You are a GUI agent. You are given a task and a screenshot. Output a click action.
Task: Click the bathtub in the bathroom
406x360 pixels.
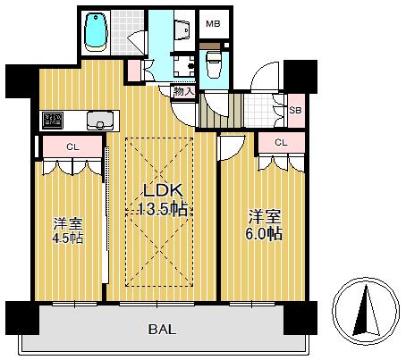click(96, 32)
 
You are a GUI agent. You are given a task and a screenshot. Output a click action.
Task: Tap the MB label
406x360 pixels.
click(213, 24)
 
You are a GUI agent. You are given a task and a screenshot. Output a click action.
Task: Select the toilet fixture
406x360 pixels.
click(214, 64)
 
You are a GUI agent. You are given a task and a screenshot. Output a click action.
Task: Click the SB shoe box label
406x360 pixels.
click(295, 110)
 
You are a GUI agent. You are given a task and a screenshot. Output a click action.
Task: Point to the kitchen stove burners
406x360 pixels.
click(53, 120)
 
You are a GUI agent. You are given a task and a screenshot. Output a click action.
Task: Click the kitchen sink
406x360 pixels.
click(100, 121)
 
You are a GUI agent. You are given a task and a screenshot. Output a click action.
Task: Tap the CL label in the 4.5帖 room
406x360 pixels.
click(72, 147)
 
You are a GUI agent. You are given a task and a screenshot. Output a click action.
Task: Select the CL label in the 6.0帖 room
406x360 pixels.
click(281, 143)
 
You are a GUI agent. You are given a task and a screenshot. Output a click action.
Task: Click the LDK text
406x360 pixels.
click(163, 190)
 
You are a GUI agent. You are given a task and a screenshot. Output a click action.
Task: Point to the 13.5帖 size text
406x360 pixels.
click(163, 209)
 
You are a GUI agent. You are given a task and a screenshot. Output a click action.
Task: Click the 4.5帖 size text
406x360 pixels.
click(68, 239)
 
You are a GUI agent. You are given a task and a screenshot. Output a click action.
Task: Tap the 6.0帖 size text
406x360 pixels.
click(264, 233)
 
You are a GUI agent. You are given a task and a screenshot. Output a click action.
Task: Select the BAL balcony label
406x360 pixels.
click(163, 330)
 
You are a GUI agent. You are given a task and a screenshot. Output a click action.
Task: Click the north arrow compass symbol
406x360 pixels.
click(366, 312)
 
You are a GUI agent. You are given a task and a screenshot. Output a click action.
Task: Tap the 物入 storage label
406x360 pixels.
click(184, 91)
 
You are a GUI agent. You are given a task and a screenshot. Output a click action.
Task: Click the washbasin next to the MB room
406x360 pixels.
click(182, 29)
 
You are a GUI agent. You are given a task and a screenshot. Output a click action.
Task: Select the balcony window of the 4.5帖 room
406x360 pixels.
click(74, 304)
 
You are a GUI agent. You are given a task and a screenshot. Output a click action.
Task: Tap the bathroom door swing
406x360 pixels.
click(138, 42)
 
